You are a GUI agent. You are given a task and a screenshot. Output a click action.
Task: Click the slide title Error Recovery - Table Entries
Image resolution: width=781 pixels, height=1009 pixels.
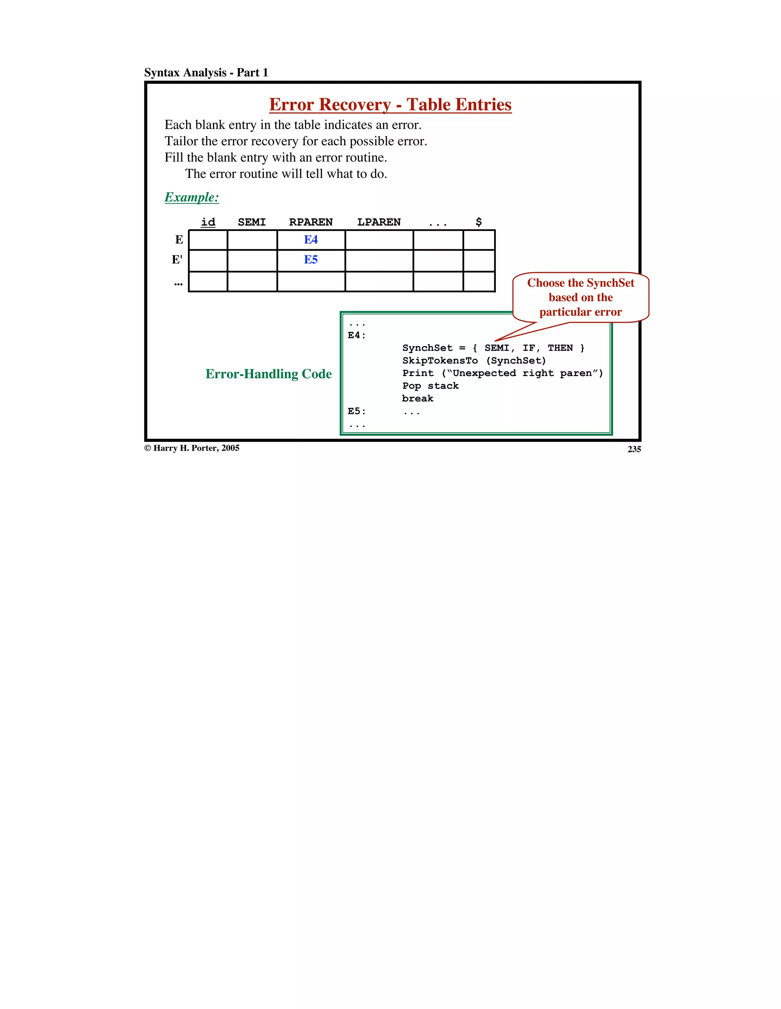tap(390, 105)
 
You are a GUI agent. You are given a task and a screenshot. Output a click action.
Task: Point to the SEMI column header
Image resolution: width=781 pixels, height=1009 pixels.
tap(251, 222)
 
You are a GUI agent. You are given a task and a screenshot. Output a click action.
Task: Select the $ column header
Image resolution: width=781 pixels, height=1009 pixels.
tap(478, 222)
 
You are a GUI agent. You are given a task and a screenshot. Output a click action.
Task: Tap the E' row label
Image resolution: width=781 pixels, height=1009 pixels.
tap(177, 260)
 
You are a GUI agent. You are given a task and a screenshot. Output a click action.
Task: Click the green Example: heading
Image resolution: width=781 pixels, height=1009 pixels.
tap(191, 197)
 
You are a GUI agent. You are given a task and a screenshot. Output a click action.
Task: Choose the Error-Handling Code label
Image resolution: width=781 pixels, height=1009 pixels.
tap(268, 374)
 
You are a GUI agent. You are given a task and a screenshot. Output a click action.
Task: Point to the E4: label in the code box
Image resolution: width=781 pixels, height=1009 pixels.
tap(356, 335)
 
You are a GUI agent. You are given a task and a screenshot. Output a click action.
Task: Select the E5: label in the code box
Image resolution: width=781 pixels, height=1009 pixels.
tap(356, 411)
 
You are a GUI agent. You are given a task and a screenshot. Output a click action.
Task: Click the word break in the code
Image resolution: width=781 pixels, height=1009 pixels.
tap(417, 398)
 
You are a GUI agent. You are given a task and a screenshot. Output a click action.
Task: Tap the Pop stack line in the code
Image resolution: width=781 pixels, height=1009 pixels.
tap(430, 386)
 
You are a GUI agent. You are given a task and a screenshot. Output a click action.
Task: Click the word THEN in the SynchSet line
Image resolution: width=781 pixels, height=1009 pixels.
tap(560, 348)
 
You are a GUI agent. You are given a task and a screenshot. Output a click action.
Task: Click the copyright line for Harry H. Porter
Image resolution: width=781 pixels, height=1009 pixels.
tap(192, 448)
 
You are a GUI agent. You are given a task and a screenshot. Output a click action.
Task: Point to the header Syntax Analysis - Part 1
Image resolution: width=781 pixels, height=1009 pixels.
tap(206, 72)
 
